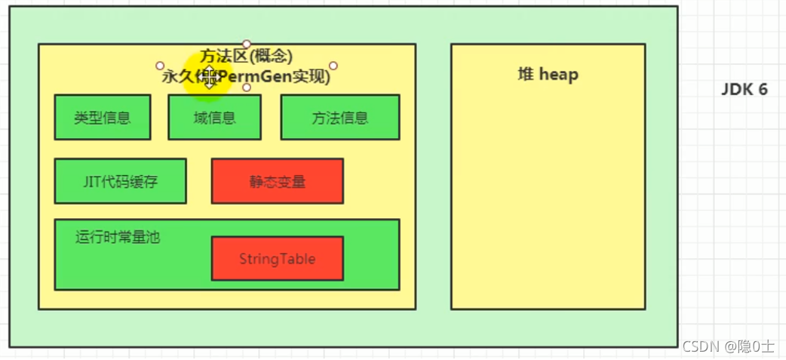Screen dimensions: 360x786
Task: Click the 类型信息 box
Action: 103,117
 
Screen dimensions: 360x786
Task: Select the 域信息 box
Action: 214,117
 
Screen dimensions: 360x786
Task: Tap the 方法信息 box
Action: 339,117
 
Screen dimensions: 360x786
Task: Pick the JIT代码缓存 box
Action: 120,181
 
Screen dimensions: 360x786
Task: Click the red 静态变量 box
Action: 277,181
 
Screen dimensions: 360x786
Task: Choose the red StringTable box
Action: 277,259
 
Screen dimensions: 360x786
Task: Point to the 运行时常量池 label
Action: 118,236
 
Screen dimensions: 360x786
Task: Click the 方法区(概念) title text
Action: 246,56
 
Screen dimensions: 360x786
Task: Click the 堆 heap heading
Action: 548,74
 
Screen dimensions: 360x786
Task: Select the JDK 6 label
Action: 744,89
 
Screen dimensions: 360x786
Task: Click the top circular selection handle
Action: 247,44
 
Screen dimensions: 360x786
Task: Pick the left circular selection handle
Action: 160,66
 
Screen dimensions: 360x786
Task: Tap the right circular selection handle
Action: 333,66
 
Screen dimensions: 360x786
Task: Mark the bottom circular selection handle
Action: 247,88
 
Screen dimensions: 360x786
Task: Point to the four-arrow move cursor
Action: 209,76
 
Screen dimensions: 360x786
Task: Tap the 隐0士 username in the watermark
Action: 757,346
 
